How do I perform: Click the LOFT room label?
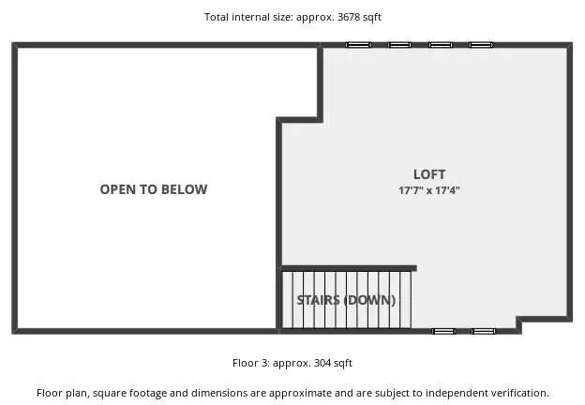[429, 174]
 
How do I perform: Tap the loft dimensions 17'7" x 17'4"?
[429, 190]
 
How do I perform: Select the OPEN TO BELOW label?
[154, 189]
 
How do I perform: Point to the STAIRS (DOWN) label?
[346, 300]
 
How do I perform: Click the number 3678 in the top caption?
[349, 17]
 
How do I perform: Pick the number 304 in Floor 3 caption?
[322, 363]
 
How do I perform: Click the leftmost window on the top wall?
[358, 45]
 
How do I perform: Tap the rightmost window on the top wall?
[481, 45]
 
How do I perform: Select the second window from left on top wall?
[399, 45]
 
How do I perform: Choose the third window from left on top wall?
[441, 45]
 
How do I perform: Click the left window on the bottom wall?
[443, 331]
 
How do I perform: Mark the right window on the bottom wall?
[484, 331]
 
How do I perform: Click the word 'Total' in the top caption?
[217, 17]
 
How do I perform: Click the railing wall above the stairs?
[349, 268]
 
